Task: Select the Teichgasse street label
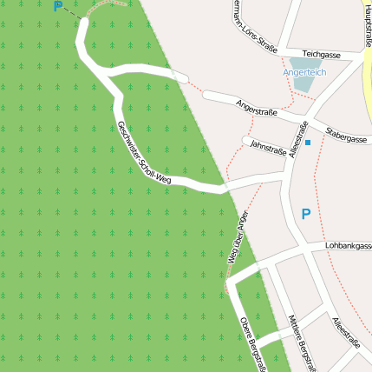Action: click(322, 54)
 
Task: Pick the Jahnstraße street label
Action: click(267, 149)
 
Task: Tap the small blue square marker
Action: click(308, 142)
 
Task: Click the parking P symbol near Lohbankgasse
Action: click(305, 213)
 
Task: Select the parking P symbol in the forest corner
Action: click(58, 7)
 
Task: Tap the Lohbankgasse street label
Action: click(348, 246)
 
